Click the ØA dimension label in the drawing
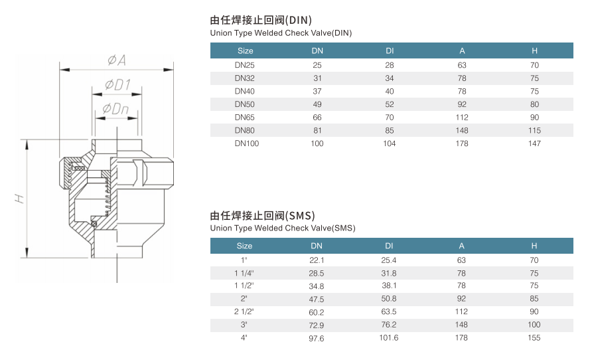click(117, 60)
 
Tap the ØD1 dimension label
click(117, 85)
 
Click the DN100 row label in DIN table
click(244, 143)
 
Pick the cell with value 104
click(389, 143)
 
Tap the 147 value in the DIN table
click(534, 143)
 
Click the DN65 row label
click(244, 117)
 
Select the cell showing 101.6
click(389, 338)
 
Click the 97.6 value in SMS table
click(317, 338)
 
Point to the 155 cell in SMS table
click(534, 338)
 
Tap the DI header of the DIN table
click(389, 50)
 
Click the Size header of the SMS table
click(244, 246)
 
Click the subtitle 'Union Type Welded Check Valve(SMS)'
click(283, 228)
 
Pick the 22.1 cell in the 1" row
click(317, 260)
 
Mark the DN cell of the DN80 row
click(317, 130)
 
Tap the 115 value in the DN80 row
click(534, 130)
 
